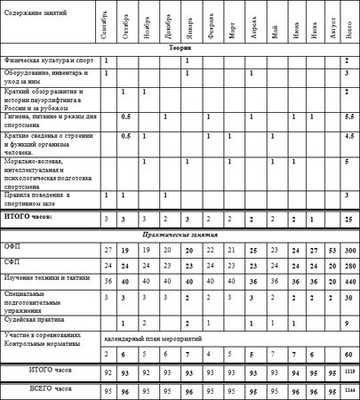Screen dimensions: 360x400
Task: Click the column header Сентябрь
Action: click(x=107, y=27)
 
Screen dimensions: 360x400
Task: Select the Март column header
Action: click(x=229, y=27)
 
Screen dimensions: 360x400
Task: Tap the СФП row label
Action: click(x=12, y=265)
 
